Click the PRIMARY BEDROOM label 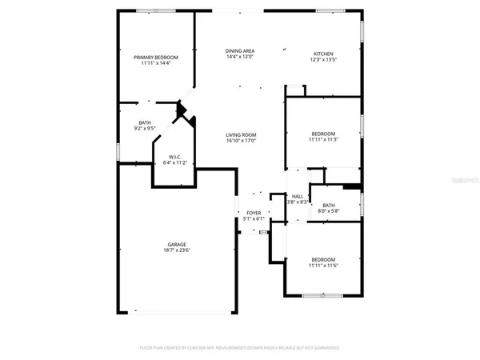click(x=155, y=58)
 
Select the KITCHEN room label click(x=322, y=53)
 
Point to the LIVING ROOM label click(x=239, y=135)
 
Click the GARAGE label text click(x=177, y=244)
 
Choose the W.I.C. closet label click(x=174, y=157)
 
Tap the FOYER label click(x=254, y=212)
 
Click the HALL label click(x=297, y=196)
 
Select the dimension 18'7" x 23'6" click(x=177, y=250)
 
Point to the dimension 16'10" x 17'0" click(x=239, y=142)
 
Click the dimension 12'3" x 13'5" click(x=322, y=59)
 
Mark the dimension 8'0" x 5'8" click(x=328, y=211)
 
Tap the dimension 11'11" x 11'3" click(x=322, y=140)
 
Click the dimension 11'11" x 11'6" click(x=322, y=266)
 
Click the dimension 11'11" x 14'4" click(x=155, y=64)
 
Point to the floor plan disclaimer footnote click(x=239, y=348)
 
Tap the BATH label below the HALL click(x=328, y=205)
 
